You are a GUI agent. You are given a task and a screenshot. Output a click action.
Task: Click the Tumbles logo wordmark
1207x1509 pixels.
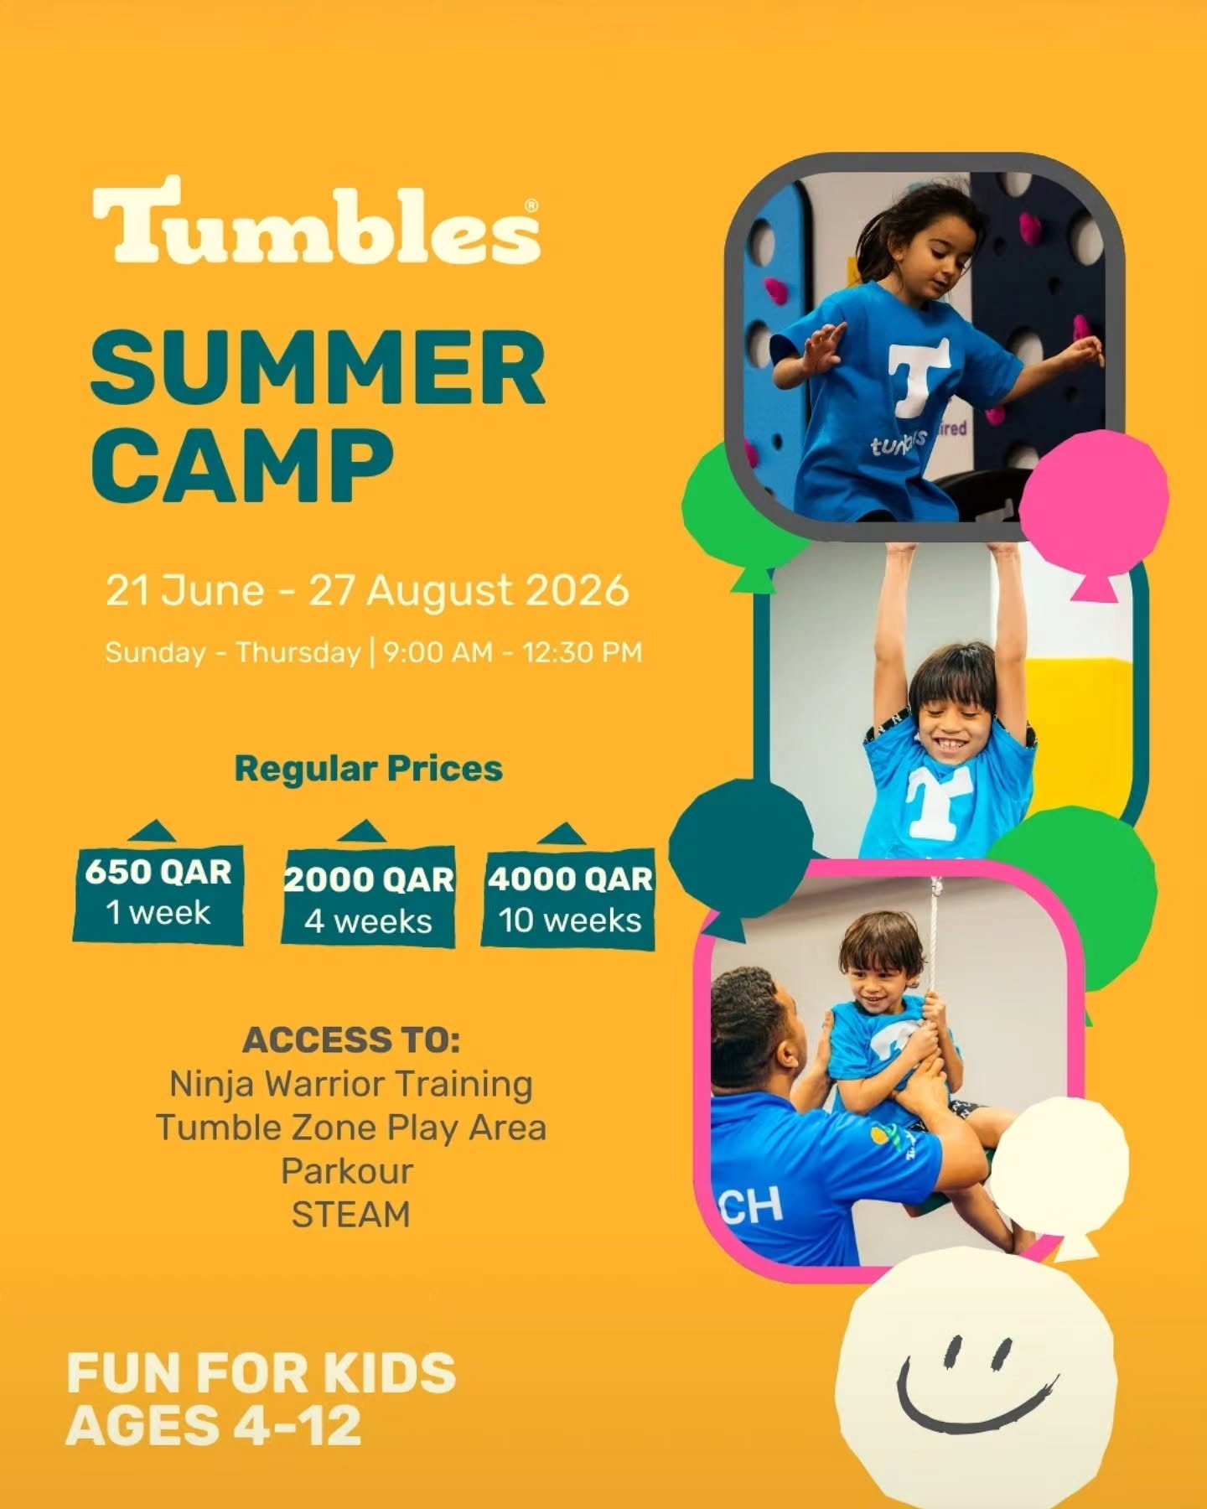click(316, 220)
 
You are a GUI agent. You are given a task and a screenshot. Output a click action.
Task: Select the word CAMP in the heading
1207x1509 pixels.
click(242, 465)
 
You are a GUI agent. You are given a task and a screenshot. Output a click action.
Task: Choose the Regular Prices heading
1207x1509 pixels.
click(369, 769)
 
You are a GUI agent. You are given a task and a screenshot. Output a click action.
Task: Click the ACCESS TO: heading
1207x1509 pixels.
click(351, 1040)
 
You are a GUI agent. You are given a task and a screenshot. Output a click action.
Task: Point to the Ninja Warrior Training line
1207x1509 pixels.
click(351, 1084)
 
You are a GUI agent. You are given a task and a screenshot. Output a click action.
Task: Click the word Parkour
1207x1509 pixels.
click(347, 1171)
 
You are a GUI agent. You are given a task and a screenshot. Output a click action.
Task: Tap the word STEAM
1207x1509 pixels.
click(351, 1214)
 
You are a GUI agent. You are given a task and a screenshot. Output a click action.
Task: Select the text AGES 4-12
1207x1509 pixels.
click(214, 1426)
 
